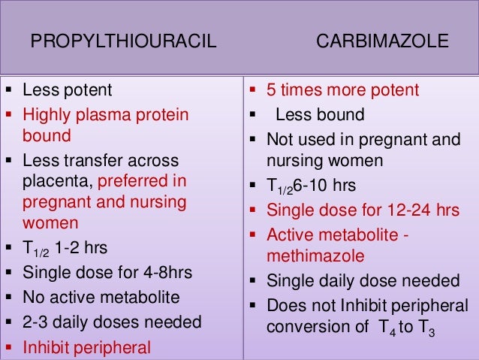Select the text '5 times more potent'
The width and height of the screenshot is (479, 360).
(x=355, y=92)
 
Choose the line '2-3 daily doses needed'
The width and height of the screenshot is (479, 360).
(x=112, y=323)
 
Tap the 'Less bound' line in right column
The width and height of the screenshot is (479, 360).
(x=320, y=115)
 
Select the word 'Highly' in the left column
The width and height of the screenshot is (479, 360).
(x=45, y=114)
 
